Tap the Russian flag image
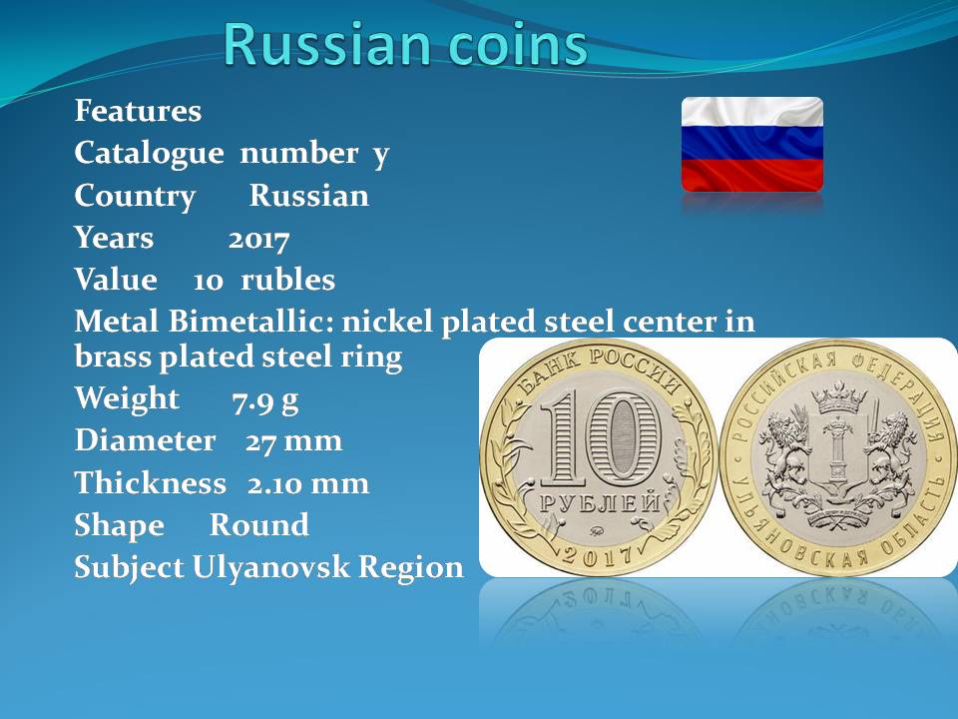point(752,144)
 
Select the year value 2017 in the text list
point(258,239)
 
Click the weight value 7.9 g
point(265,401)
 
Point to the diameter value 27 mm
point(293,441)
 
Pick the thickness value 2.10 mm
point(308,483)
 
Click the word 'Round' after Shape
point(259,524)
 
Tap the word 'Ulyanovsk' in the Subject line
point(271,568)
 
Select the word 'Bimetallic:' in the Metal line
point(251,321)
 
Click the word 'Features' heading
point(138,111)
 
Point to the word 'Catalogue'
point(149,154)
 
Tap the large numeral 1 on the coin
point(560,438)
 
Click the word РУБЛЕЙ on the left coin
point(600,503)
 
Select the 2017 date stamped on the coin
point(597,556)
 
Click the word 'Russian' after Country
point(309,197)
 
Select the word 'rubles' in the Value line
point(287,280)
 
